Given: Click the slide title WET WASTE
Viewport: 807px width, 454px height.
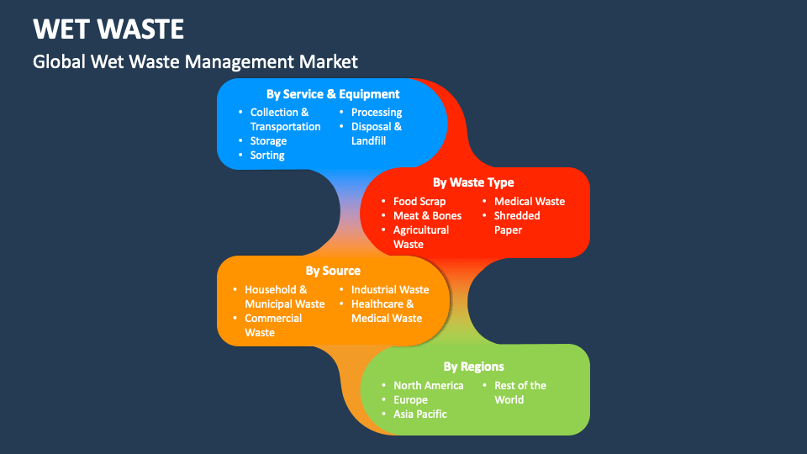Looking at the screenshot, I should point(108,29).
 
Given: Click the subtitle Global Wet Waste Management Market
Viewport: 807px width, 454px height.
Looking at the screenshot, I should point(195,61).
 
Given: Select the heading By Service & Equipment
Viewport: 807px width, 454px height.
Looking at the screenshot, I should point(333,94).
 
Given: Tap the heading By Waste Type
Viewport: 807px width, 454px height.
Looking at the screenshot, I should point(473,182).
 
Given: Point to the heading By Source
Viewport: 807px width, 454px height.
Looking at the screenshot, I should point(333,271).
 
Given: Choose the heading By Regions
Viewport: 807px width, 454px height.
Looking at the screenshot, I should point(473,366).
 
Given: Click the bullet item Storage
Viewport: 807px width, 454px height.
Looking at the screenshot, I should point(268,140).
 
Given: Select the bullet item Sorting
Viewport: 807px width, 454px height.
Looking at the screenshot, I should point(267,155).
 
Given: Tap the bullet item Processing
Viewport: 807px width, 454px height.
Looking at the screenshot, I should point(377,112).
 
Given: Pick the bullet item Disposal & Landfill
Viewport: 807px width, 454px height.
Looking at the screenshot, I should point(377,133).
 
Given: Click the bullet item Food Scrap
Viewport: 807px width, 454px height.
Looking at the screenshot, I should point(419,201).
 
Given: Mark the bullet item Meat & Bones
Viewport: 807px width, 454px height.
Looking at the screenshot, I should point(427,215).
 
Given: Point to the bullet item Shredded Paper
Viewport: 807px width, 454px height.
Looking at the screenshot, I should point(517,222).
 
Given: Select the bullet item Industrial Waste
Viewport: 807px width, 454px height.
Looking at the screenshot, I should point(390,289).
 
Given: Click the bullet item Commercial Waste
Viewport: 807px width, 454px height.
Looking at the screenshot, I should point(273,325).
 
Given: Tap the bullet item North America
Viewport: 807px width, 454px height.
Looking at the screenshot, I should point(428,385).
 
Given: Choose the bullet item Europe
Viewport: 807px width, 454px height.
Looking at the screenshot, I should point(410,399).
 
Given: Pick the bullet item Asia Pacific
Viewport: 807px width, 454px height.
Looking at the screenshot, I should point(419,414).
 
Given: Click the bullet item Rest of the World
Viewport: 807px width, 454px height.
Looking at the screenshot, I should point(520,392).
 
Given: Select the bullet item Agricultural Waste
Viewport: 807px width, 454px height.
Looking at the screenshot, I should point(421,236).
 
